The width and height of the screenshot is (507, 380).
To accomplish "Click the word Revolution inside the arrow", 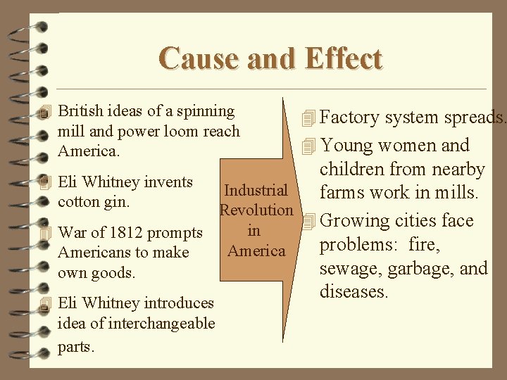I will pos(256,210).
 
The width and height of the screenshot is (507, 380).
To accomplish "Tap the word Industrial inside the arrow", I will pos(256,190).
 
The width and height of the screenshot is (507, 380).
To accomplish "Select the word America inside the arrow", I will pos(256,251).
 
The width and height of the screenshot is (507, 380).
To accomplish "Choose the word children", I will pos(353,170).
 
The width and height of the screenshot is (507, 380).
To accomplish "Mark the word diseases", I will pos(354,291).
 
